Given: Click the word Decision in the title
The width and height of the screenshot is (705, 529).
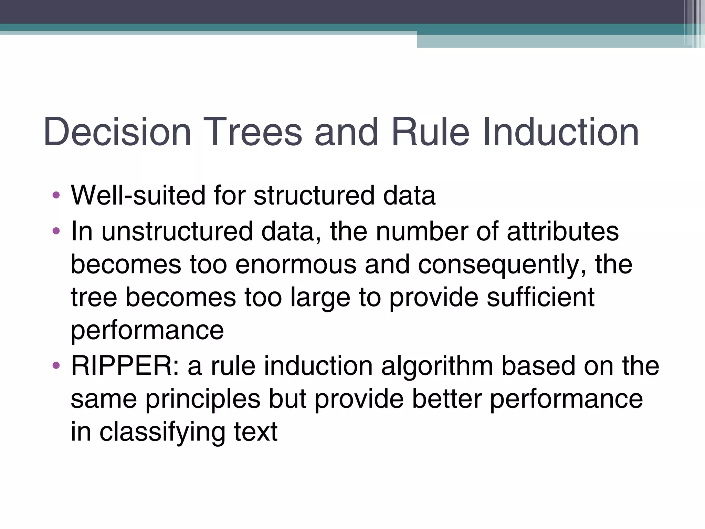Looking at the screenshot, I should click(x=117, y=132).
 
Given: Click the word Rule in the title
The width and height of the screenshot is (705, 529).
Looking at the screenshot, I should click(x=430, y=132).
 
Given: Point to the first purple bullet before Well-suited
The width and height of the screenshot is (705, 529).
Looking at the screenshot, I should click(x=56, y=195).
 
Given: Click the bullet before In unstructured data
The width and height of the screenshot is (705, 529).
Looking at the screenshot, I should click(x=56, y=231).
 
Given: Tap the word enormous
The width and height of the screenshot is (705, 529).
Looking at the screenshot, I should click(x=296, y=264).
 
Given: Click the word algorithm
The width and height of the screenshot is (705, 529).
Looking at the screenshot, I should click(x=437, y=366).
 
